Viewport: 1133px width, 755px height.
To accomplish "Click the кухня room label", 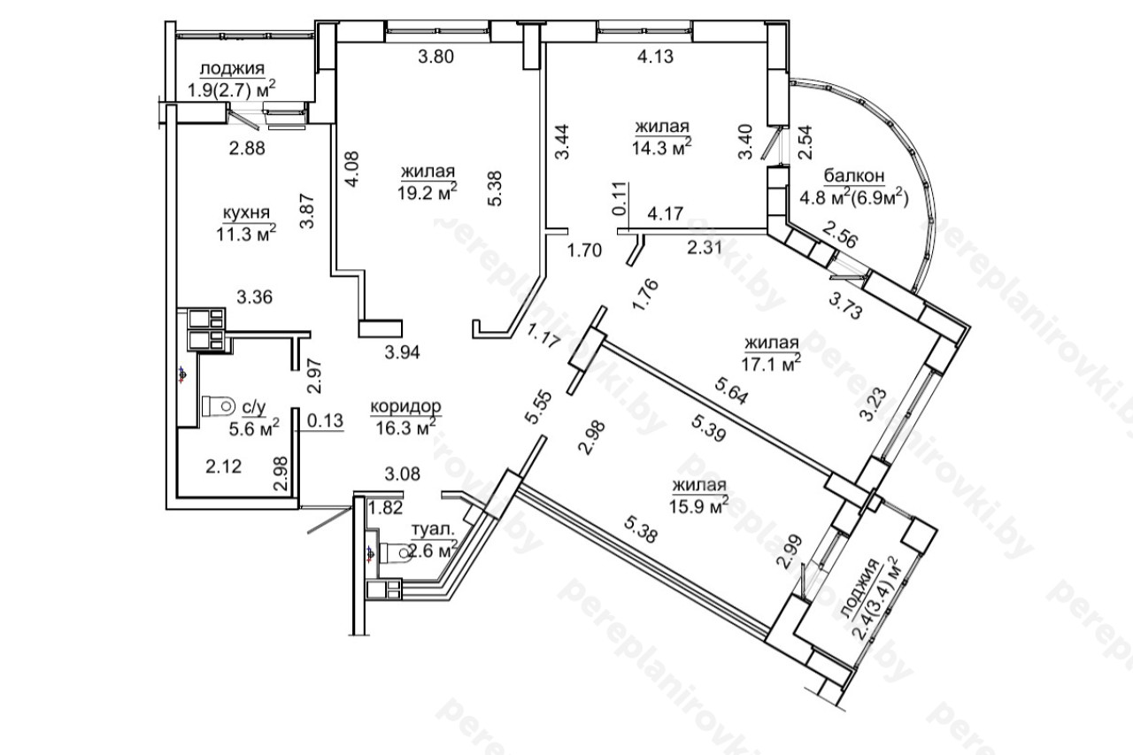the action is coord(246,214).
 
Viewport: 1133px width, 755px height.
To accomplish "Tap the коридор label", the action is coord(405,406).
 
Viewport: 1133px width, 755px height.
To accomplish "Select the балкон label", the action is coord(854,176).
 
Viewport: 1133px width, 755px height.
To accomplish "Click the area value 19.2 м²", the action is coord(428,192).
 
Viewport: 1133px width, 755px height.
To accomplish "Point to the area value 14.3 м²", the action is coord(661,147).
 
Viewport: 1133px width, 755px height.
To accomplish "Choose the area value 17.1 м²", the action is coord(771,363).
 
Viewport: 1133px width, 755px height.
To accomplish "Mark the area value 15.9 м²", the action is coord(699,505).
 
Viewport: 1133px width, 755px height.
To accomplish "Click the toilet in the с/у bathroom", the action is coord(219,406).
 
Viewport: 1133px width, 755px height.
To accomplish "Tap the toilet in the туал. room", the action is coord(396,553).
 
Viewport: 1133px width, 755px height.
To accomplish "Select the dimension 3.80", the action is coord(436,56).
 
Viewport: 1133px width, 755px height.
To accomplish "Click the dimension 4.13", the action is coord(655,56).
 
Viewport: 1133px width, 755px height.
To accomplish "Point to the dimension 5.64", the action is coord(730,391).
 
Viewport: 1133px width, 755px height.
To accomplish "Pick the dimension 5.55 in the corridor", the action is coord(537,407).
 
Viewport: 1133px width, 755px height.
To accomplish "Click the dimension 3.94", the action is coord(402,352).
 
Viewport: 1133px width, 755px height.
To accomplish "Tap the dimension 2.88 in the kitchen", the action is coord(247,149).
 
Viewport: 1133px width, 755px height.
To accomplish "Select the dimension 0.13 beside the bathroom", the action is coord(325,420).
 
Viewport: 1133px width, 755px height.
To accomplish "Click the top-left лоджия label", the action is coord(232,68).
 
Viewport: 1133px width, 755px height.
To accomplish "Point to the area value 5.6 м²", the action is coord(254,428).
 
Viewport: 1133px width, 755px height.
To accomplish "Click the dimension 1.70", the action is coord(584,250).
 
